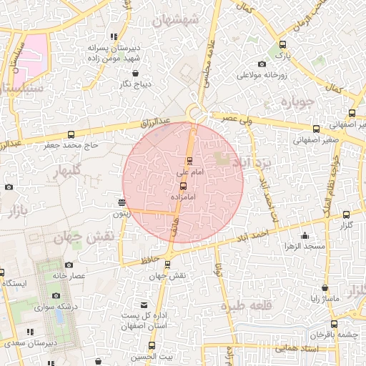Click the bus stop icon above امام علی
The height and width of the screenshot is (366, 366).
[x=189, y=160]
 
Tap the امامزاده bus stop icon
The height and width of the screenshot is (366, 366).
[x=183, y=185]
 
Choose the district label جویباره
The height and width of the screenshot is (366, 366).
[x=298, y=102]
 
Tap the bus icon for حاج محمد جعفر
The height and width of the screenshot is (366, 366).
[x=71, y=134]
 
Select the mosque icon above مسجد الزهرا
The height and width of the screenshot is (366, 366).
[x=305, y=235]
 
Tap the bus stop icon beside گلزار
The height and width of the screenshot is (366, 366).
[x=347, y=214]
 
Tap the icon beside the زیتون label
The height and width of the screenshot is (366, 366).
[x=122, y=202]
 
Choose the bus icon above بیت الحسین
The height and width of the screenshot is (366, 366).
[x=152, y=345]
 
